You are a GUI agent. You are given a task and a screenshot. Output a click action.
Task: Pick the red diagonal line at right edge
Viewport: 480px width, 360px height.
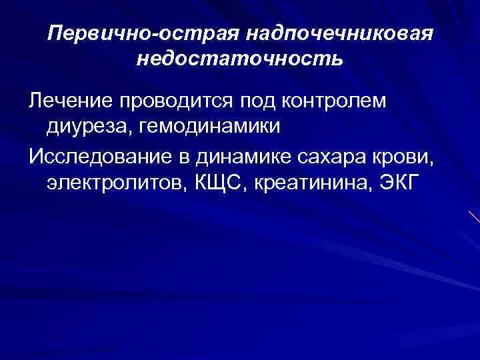[x=474, y=217]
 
